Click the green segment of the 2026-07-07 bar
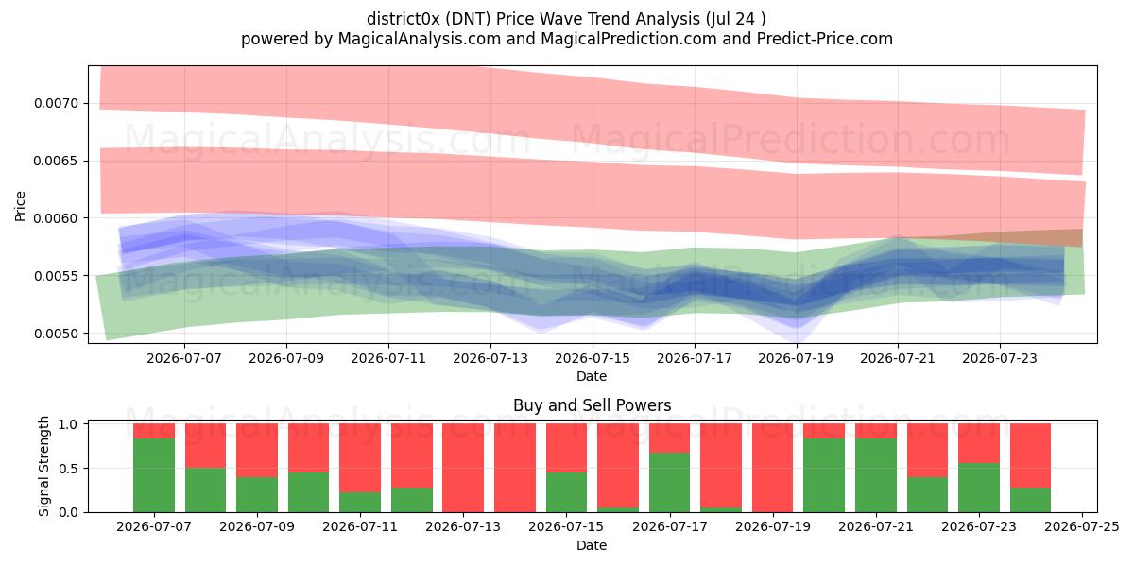click(154, 475)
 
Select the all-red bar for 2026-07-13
click(463, 468)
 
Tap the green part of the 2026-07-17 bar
click(669, 483)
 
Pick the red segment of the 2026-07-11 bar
click(360, 458)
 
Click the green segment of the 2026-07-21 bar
click(876, 475)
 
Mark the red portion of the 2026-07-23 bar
click(979, 443)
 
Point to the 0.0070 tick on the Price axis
click(86, 103)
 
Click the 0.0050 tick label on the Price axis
click(56, 334)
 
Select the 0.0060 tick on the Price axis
click(86, 218)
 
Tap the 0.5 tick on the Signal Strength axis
click(86, 469)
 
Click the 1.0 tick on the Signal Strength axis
click(86, 423)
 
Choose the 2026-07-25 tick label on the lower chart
click(1082, 527)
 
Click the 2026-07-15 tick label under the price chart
click(593, 358)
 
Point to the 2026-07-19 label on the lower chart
click(773, 527)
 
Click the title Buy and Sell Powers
click(593, 405)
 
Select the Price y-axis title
click(20, 206)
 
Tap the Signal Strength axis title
click(44, 466)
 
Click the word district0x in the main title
click(404, 19)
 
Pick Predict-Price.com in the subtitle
click(825, 39)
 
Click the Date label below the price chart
click(592, 376)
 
